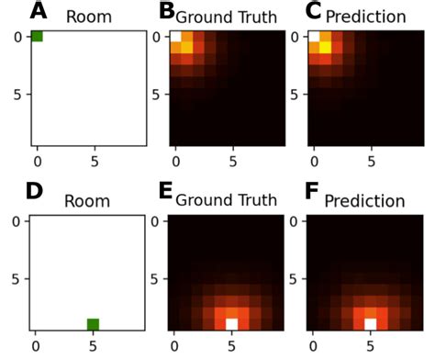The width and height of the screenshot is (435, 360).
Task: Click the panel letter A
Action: (39, 11)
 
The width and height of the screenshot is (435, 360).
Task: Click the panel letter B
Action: (167, 11)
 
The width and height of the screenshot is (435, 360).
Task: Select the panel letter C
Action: (313, 11)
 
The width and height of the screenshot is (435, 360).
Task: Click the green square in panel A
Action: (37, 36)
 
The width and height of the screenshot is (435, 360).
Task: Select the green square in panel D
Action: (93, 323)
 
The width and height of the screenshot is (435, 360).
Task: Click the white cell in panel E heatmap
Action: (232, 323)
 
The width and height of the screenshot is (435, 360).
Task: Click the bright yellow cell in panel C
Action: (325, 48)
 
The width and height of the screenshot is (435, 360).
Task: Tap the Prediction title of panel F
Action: (365, 200)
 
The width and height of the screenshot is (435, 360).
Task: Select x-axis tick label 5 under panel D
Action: (93, 346)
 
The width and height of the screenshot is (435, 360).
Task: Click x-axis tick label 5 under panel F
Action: (371, 346)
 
